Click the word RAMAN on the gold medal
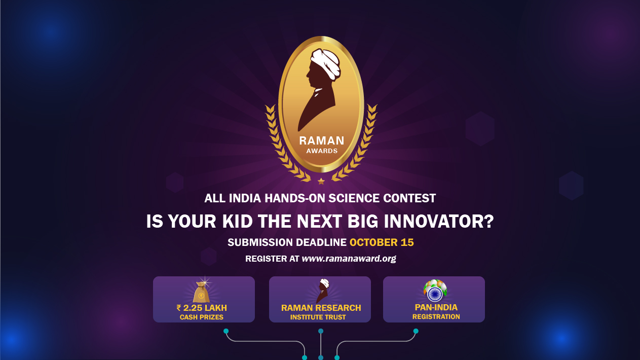point(322,140)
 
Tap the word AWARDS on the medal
point(322,151)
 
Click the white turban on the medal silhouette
point(326,63)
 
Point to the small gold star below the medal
point(321,181)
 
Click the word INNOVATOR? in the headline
point(438,221)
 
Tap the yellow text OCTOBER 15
point(382,242)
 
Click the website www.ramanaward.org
point(349,259)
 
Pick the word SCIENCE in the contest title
point(354,198)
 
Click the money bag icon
point(202,291)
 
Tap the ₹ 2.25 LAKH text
point(202,308)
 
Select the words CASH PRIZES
point(202,317)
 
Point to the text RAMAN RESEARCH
point(321,308)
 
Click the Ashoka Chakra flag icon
point(435,291)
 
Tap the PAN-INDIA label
point(436,307)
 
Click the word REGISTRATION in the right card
point(436,317)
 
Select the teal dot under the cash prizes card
point(226,331)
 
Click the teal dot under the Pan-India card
point(416,331)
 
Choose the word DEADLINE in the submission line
point(321,242)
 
